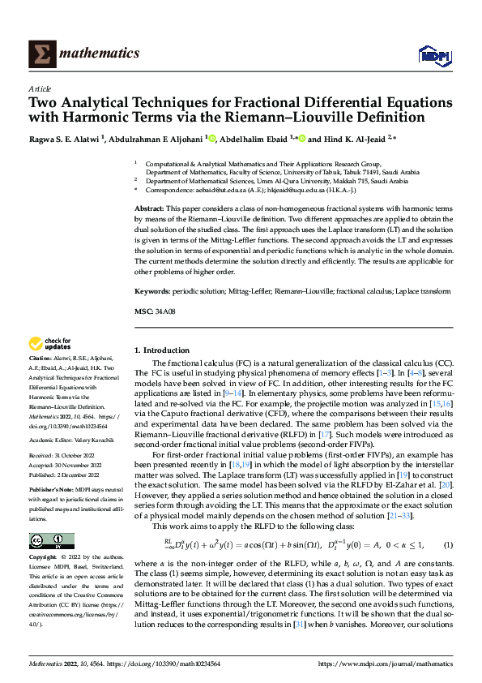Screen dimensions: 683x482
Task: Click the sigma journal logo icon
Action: point(40,54)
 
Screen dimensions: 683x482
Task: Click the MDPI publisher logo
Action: point(433,54)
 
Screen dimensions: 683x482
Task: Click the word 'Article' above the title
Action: point(40,88)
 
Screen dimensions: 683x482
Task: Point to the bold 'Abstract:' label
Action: point(150,209)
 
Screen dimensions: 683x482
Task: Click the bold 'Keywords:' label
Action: point(152,290)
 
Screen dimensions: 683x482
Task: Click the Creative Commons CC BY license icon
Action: point(49,539)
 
